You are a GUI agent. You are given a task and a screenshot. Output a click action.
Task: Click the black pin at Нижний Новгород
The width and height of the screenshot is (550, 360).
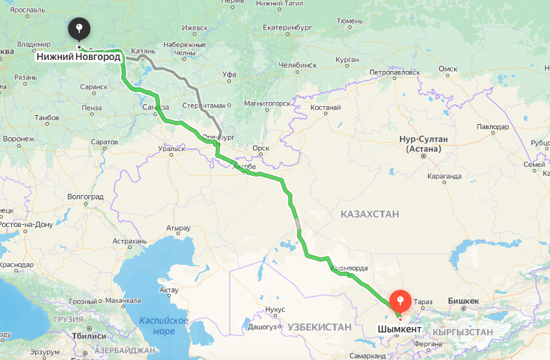click(80, 29)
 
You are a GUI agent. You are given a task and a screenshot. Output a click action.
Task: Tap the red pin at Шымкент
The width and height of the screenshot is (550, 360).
click(400, 301)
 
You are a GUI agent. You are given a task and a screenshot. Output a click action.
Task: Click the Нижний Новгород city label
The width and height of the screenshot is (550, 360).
click(79, 57)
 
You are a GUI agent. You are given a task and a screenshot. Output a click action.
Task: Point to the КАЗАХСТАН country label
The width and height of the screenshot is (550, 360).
click(369, 214)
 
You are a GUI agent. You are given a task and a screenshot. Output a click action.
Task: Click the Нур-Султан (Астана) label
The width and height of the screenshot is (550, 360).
click(423, 143)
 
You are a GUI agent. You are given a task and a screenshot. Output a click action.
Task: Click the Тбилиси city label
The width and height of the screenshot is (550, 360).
click(89, 336)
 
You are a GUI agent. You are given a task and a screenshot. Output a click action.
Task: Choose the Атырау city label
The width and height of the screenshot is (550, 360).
click(178, 228)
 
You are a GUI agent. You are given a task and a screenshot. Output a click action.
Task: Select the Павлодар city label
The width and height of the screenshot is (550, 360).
click(492, 127)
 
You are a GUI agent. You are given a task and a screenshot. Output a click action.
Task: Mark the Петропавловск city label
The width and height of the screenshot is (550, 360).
click(394, 71)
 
